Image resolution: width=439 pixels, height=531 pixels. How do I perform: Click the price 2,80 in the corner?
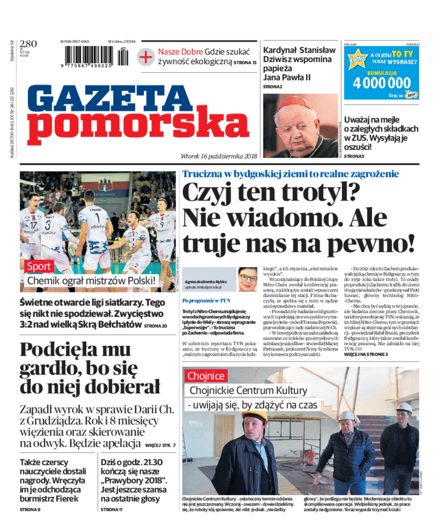[x=28, y=44]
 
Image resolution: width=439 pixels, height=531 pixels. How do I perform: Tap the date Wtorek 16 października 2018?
[x=219, y=156]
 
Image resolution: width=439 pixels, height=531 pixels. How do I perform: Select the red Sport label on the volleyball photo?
[x=38, y=266]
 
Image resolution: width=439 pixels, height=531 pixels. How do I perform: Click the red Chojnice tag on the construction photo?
[x=206, y=376]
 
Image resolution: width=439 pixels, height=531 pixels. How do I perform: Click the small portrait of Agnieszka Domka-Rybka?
[x=247, y=278]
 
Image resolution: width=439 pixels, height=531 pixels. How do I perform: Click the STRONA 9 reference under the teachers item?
[x=30, y=510]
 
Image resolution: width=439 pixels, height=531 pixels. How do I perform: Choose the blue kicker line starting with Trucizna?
[x=290, y=174]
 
